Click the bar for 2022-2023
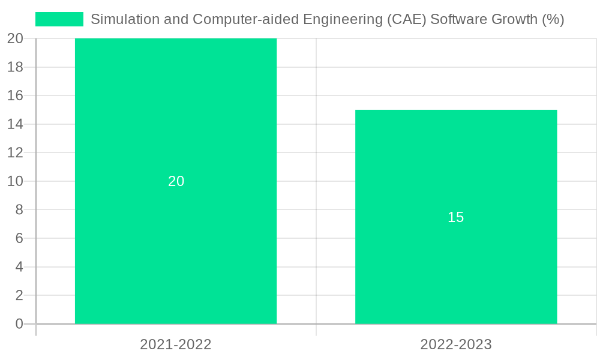(456, 270)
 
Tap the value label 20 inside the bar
(176, 181)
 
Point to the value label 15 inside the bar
(456, 217)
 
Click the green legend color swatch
(59, 19)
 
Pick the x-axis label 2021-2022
(176, 344)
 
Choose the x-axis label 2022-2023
(456, 344)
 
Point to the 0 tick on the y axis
(19, 324)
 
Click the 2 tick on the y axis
(19, 295)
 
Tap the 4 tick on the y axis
(19, 267)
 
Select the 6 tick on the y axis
(19, 238)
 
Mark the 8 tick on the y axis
(19, 209)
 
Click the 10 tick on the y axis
(16, 181)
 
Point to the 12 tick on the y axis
(16, 152)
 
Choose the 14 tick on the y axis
(16, 124)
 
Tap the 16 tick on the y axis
(16, 95)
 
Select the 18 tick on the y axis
(16, 67)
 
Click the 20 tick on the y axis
(16, 38)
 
